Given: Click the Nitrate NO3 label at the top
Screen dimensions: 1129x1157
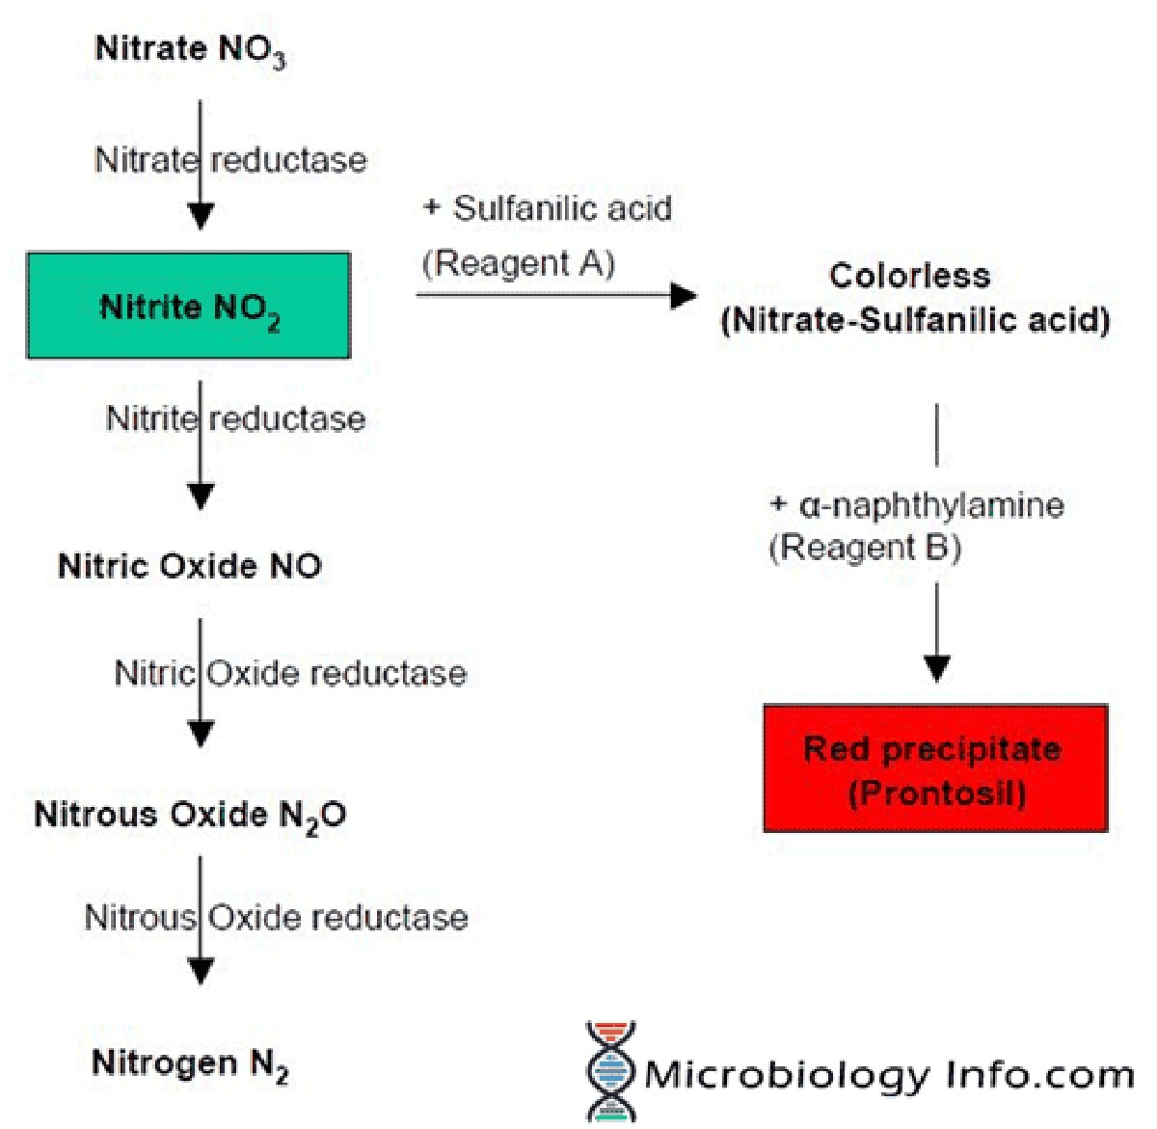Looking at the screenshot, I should pos(190,50).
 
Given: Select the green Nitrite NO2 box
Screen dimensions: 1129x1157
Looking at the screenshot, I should pos(189,307).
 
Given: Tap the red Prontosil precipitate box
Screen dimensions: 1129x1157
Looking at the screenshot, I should pos(935,768).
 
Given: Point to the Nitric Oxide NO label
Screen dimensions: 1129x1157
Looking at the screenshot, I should pos(190,566).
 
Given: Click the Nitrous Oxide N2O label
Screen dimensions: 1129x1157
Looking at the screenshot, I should pos(190,816).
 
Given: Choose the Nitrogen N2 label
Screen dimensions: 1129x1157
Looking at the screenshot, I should pos(190,1064).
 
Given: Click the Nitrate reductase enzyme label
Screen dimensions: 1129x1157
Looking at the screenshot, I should pos(231,160).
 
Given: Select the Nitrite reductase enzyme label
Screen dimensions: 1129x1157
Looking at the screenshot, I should pos(236,419).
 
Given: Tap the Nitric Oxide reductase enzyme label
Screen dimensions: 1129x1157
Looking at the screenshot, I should pos(290,673).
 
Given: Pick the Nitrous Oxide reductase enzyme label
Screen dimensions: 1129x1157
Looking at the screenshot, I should pos(277,917).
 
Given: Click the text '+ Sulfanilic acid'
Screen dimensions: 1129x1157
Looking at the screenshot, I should pos(548,208).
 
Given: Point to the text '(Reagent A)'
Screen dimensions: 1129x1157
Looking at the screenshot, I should pos(519,263).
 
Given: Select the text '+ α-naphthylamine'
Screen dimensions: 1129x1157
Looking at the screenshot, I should pos(917,505).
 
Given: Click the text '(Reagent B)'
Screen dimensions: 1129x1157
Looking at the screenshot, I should pos(865,548).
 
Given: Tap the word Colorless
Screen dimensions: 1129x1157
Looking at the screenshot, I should pos(909,276).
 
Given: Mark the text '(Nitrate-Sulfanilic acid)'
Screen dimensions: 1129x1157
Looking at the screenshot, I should pos(915,320).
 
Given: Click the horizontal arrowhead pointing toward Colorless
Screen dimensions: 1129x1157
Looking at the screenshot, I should pos(684,295).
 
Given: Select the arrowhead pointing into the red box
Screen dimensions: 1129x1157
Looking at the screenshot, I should pos(937,668).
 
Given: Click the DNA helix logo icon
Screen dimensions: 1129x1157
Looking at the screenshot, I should pos(610,1072).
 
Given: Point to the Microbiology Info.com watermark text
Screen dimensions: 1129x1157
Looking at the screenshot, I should pos(888,1074).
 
